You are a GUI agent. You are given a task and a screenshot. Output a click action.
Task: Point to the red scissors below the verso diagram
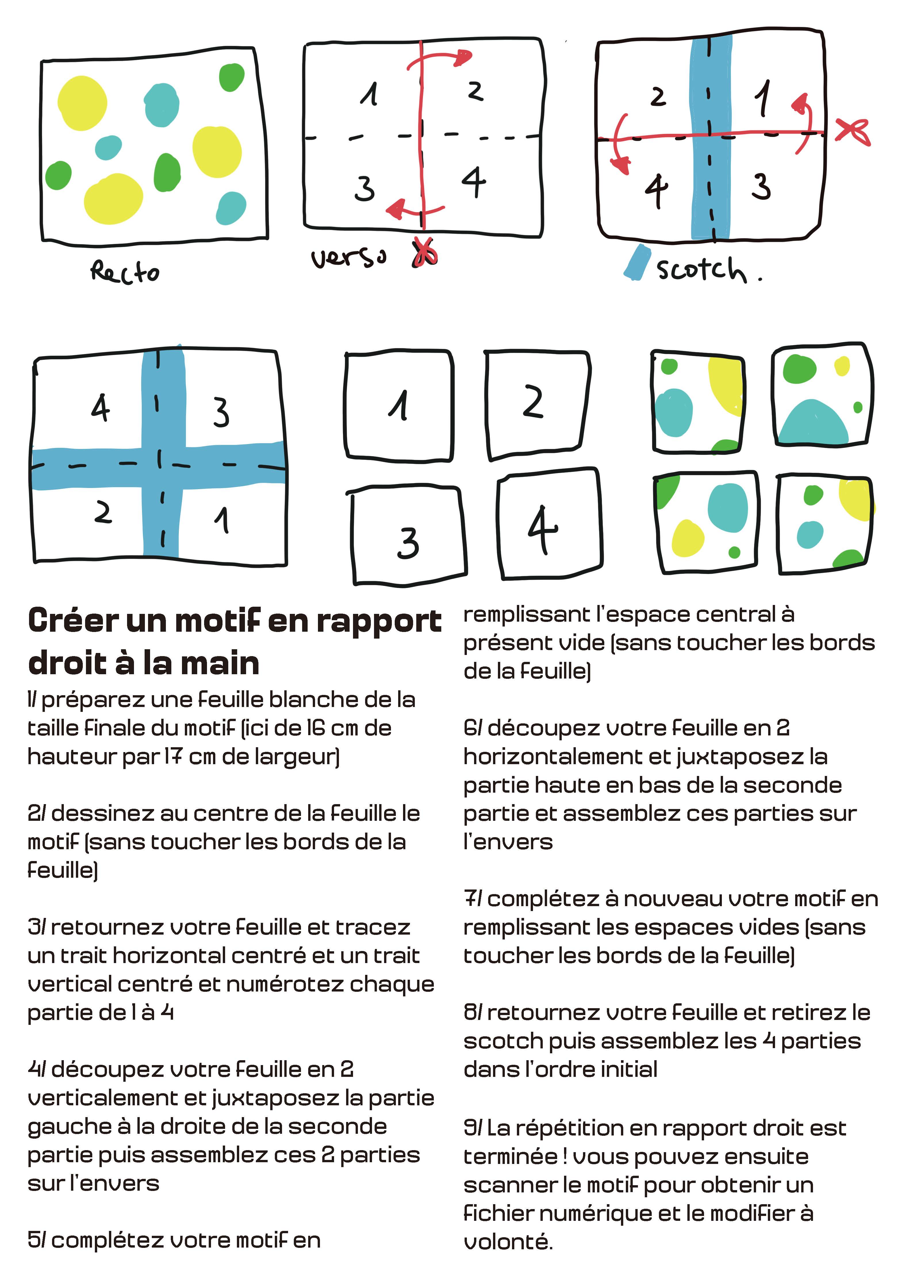(x=425, y=253)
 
